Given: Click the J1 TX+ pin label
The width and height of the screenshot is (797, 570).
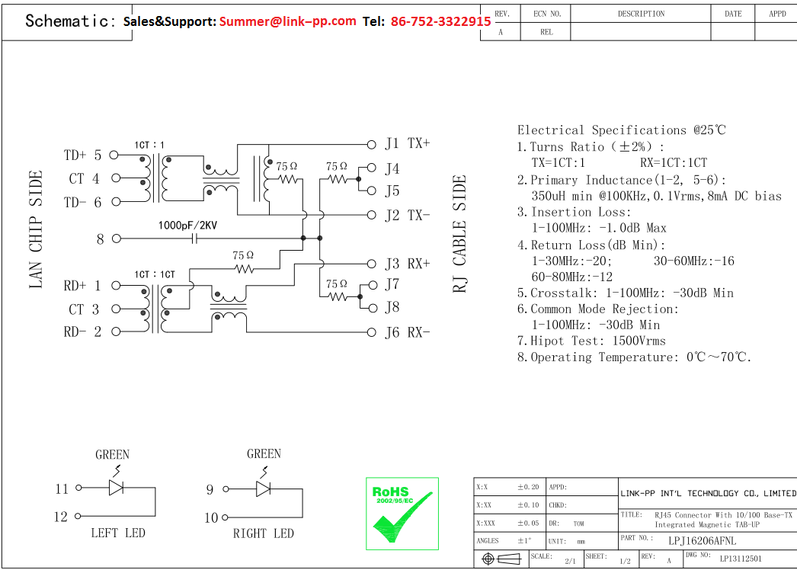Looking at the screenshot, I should point(408,143).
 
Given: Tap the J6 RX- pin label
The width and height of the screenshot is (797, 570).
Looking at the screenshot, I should point(408,332).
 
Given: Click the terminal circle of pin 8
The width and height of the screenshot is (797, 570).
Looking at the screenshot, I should point(117,239).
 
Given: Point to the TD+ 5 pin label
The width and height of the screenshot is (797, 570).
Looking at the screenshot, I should point(82,155).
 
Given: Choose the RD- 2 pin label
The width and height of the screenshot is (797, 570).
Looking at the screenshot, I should point(82,331).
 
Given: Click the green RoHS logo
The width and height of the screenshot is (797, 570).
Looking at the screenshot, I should point(402,513).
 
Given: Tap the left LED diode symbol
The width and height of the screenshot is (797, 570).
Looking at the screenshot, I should point(117,488).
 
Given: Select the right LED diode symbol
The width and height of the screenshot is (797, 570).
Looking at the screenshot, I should point(264,488).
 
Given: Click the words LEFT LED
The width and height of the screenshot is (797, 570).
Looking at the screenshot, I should point(118,533).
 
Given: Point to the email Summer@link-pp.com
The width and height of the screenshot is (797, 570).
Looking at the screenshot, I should point(288,21).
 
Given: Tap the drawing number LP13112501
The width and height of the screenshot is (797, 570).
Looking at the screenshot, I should point(741,559).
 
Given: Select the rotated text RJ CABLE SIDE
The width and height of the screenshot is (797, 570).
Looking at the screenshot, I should point(459,234).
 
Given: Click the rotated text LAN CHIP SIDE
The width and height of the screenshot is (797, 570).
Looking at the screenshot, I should point(36,229).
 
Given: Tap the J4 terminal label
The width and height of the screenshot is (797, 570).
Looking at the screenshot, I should point(392,168).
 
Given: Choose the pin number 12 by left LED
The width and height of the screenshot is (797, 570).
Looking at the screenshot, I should point(61,517).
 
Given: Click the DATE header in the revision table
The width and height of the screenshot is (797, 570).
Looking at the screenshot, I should point(733,14).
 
